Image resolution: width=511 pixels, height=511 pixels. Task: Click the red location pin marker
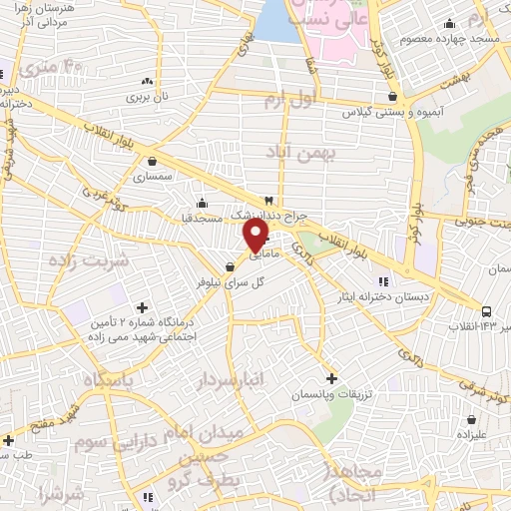click(255, 235)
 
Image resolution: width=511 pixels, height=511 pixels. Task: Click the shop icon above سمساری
click(152, 160)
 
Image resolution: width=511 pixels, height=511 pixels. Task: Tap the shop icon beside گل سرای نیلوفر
click(231, 266)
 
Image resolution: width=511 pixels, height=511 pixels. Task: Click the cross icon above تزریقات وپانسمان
click(332, 378)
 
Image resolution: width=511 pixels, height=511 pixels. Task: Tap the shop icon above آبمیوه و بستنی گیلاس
click(396, 97)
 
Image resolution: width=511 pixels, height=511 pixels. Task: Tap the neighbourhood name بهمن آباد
click(303, 151)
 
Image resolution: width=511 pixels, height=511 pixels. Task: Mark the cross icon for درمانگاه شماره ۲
click(142, 308)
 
